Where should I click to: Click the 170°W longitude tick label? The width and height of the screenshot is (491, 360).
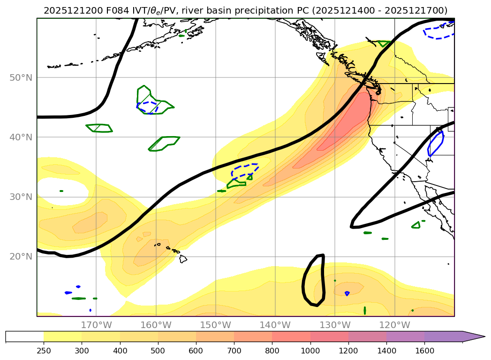[96, 325]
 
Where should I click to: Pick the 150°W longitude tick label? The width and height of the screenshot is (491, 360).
[215, 325]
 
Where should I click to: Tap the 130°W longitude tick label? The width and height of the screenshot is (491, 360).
[335, 325]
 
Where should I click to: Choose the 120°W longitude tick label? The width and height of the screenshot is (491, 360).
[394, 325]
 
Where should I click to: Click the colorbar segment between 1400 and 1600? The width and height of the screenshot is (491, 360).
[406, 337]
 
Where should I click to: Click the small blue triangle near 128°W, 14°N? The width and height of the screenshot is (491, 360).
[347, 293]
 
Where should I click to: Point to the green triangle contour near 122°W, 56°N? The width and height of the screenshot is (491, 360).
[384, 43]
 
